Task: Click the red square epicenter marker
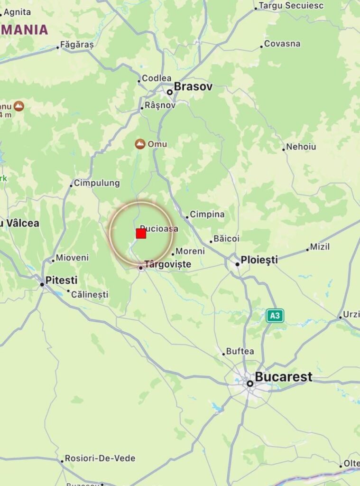tap(141, 234)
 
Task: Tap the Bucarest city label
tap(284, 377)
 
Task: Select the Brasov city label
tap(193, 87)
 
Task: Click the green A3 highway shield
tap(275, 316)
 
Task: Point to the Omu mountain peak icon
tap(140, 144)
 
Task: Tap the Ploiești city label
tap(259, 260)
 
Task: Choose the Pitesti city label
tap(61, 280)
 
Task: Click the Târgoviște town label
tap(167, 264)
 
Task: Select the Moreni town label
tap(190, 251)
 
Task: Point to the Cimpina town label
tap(207, 215)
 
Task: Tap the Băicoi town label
tap(226, 238)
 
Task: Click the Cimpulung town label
tap(97, 183)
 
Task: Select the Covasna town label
tap(282, 44)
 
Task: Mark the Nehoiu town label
tap(301, 147)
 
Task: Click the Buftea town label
tap(240, 352)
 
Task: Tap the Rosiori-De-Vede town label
tap(100, 458)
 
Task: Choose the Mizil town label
tap(320, 247)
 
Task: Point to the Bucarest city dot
tap(249, 383)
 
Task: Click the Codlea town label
tap(157, 78)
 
